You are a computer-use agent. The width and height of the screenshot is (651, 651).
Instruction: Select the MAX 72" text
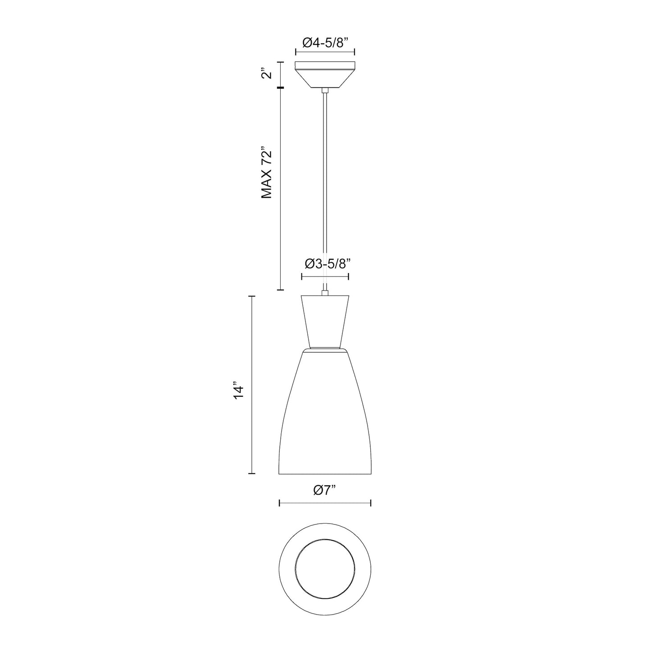tap(267, 173)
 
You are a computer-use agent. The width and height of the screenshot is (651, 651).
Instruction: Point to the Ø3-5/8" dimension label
tap(326, 264)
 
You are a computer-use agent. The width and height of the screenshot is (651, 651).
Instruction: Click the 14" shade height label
tap(238, 391)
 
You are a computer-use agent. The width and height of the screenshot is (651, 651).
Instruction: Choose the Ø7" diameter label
tap(325, 490)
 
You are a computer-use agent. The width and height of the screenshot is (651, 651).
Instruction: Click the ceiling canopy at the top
tap(325, 75)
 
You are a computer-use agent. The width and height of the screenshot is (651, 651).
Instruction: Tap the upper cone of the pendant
tap(325, 322)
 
